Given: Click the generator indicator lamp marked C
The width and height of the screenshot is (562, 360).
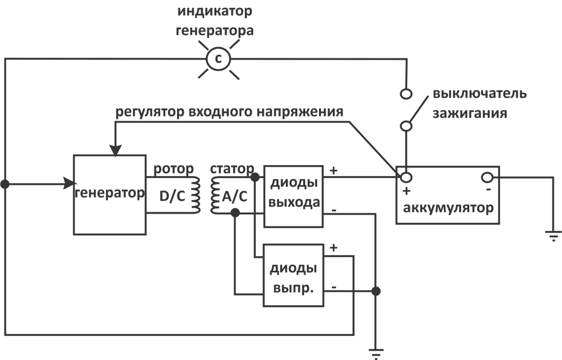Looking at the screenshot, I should (218, 59).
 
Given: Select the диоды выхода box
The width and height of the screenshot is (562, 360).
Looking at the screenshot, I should (294, 196).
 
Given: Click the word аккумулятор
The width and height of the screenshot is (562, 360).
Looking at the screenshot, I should (448, 208).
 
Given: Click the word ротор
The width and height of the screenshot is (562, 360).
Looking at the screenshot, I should (173, 169).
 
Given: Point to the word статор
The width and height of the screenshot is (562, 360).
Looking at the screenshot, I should (232, 169).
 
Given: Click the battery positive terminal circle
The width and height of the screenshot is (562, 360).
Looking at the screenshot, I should (406, 177).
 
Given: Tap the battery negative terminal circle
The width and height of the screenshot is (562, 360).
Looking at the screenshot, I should (487, 177).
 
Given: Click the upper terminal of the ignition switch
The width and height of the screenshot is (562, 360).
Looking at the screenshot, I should (406, 92).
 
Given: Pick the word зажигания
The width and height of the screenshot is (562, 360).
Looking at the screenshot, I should (470, 113).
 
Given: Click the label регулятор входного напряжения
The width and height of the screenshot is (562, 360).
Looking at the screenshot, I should (229, 112).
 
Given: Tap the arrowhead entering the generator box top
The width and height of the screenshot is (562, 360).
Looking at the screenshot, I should (115, 149).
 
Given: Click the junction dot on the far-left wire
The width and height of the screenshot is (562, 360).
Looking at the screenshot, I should (4, 184).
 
